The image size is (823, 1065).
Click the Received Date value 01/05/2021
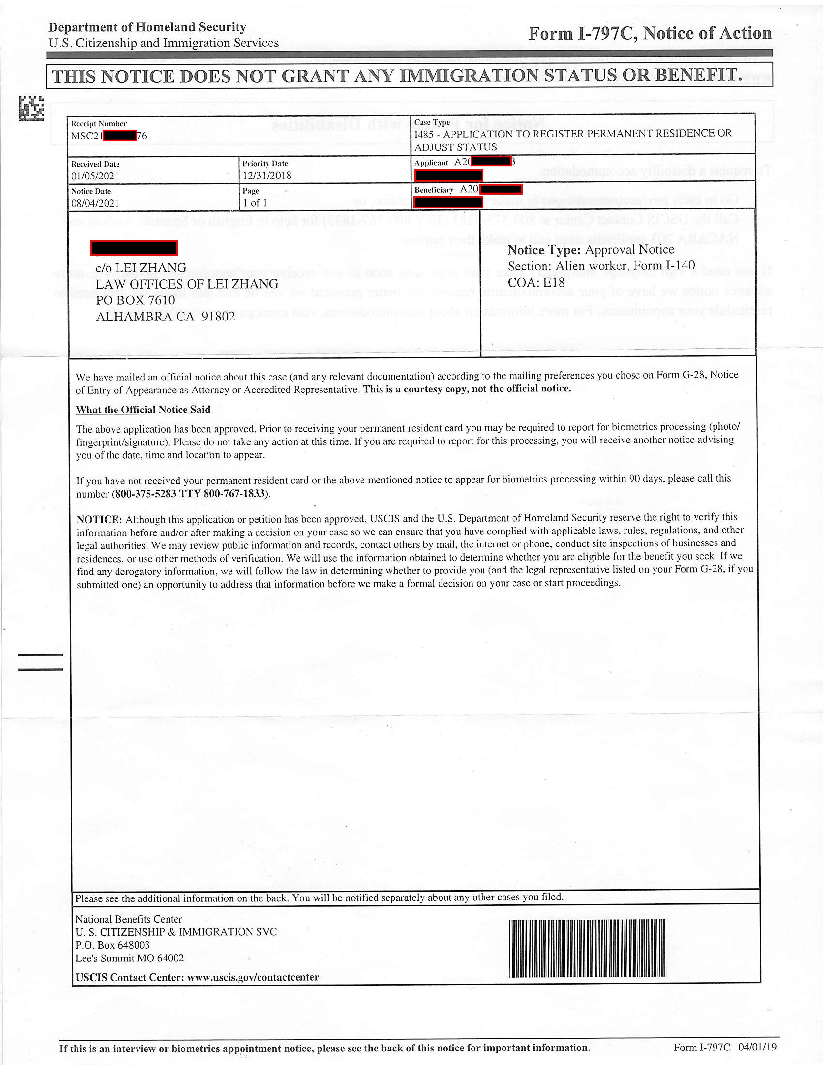click(95, 176)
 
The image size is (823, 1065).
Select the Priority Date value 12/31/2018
click(267, 176)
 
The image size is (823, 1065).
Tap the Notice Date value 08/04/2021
click(95, 203)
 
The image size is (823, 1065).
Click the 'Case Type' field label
click(432, 122)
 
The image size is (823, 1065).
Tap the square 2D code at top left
click(31, 108)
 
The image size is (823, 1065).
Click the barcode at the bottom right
click(587, 949)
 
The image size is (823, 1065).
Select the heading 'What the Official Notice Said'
click(143, 410)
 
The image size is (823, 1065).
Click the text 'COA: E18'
click(536, 283)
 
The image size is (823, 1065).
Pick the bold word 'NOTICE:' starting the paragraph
click(99, 519)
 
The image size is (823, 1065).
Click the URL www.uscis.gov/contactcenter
click(253, 977)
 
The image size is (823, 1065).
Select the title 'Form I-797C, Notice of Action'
click(650, 34)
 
